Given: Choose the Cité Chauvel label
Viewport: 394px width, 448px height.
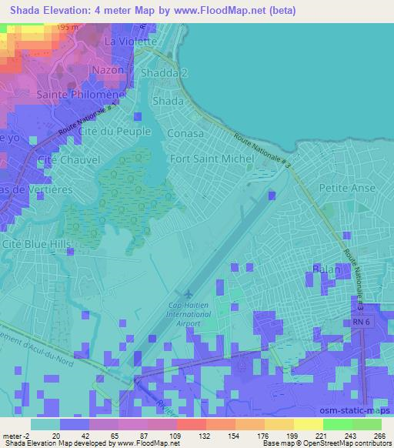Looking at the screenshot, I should (63, 159).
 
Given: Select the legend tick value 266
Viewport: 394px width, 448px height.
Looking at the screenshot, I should (379, 435).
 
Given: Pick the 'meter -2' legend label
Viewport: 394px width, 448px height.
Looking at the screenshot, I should (17, 435).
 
